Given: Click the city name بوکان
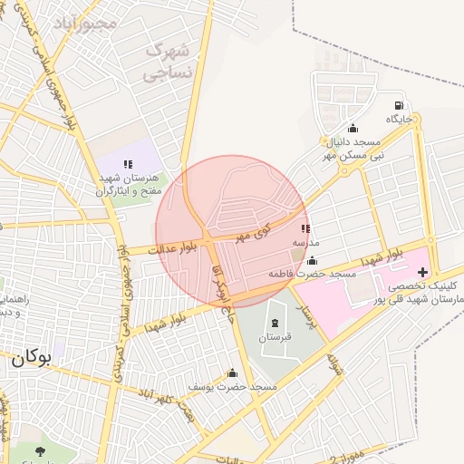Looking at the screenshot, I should click(x=31, y=357).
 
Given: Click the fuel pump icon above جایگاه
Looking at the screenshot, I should click(x=400, y=104).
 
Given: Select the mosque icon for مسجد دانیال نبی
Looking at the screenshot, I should click(x=353, y=128).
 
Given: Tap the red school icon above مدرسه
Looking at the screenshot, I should click(x=304, y=230).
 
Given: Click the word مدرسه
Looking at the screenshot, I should click(x=304, y=245).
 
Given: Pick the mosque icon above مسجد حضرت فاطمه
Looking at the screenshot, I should click(x=312, y=260).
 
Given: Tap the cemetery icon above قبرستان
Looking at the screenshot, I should click(x=274, y=324).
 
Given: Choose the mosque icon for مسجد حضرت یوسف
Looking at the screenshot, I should click(x=232, y=373).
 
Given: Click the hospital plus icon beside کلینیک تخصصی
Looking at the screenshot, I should click(x=422, y=271).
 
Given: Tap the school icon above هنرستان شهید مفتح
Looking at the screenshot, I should click(x=128, y=163).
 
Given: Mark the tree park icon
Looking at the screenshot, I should click(x=39, y=450).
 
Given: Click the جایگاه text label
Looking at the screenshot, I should click(x=399, y=119).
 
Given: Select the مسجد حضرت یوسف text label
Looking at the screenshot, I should click(x=232, y=387).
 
